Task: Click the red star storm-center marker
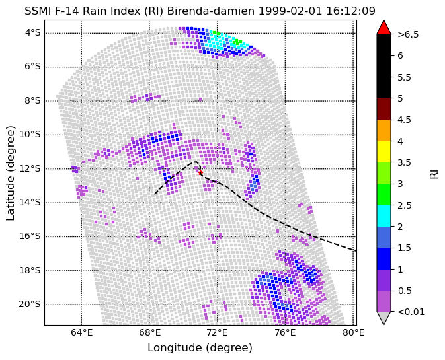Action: pyautogui.click(x=200, y=172)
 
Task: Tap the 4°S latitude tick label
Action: pyautogui.click(x=33, y=33)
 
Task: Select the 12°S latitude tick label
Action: pyautogui.click(x=30, y=168)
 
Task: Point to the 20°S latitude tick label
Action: pyautogui.click(x=30, y=304)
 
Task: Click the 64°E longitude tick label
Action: pyautogui.click(x=82, y=332)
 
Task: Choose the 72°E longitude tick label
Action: pyautogui.click(x=218, y=332)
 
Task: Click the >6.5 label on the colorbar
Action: pyautogui.click(x=408, y=34)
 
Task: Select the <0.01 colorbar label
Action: pyautogui.click(x=411, y=312)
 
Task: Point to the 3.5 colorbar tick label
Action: pyautogui.click(x=404, y=162)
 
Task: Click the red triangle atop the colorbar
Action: pyautogui.click(x=384, y=27)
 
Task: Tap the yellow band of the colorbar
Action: pyautogui.click(x=384, y=152)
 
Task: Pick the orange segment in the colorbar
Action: pyautogui.click(x=384, y=130)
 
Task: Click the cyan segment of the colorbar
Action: pyautogui.click(x=384, y=216)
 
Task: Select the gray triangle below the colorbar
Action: pyautogui.click(x=384, y=318)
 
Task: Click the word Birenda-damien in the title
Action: pyautogui.click(x=211, y=11)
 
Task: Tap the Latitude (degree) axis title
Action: pyautogui.click(x=11, y=173)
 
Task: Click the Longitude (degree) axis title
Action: pyautogui.click(x=200, y=347)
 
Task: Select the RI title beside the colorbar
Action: pyautogui.click(x=434, y=173)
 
